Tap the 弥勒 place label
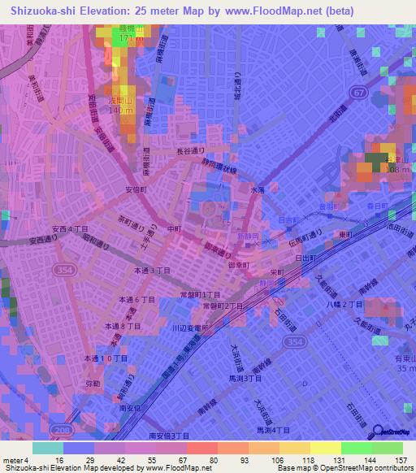(x=93, y=378)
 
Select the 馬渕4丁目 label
(x=274, y=430)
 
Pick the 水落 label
(x=258, y=189)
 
